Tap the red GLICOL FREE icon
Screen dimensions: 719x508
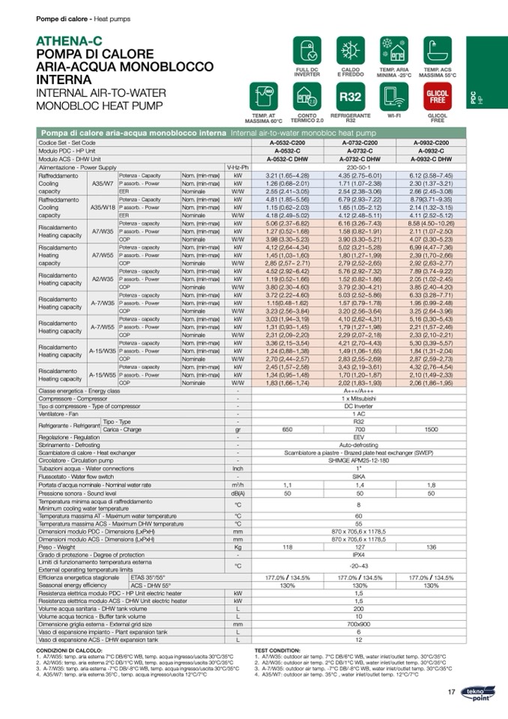click(437, 97)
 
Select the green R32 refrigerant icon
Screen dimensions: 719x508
click(350, 97)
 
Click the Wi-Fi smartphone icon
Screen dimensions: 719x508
click(393, 97)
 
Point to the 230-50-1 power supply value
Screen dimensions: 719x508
click(359, 167)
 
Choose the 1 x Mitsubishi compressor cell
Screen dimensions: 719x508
click(359, 398)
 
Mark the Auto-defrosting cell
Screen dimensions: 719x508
click(359, 445)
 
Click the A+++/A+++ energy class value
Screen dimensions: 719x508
click(359, 391)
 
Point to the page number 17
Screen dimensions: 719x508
click(451, 691)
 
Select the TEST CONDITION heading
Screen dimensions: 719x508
click(277, 651)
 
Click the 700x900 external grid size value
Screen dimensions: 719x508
click(359, 624)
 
